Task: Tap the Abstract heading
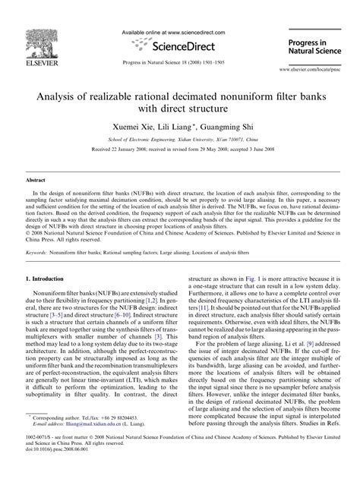[x=38, y=181]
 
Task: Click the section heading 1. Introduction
[x=53, y=259]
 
